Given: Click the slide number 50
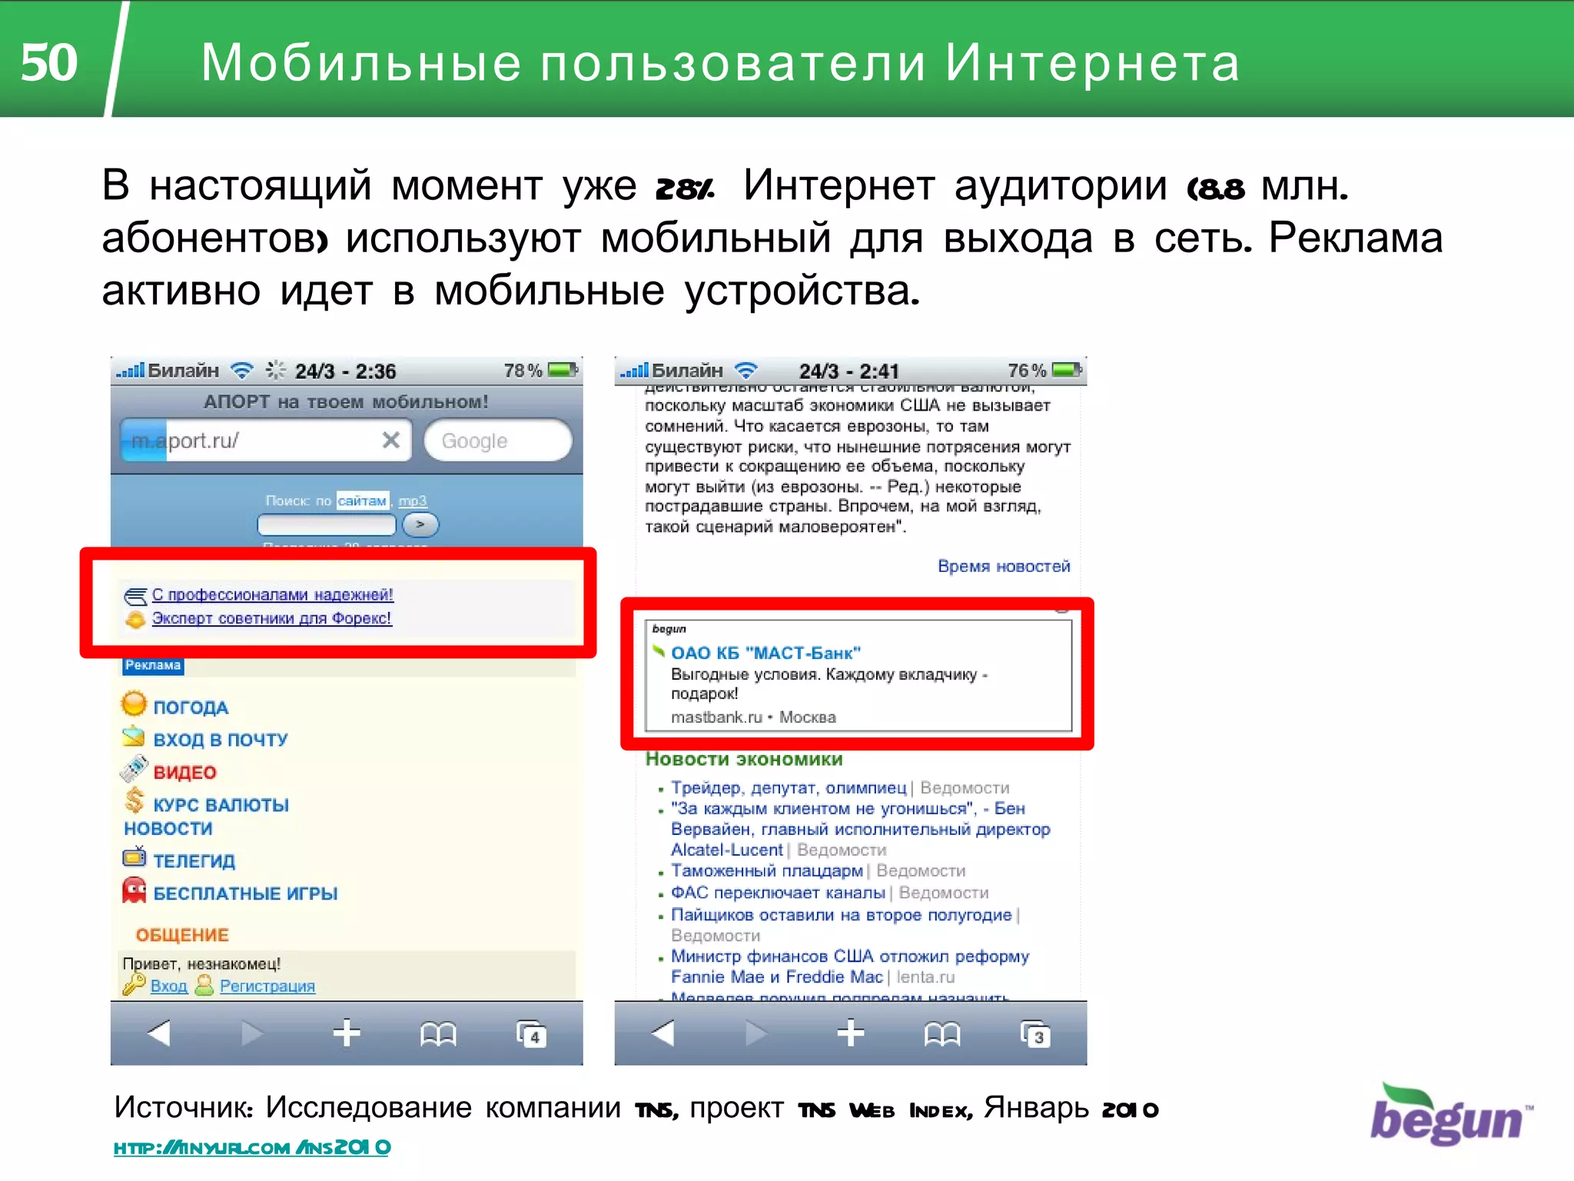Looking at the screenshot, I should click(49, 62).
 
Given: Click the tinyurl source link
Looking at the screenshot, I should click(252, 1148).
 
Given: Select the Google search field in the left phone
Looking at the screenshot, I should click(497, 441).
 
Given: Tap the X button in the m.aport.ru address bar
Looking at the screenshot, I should click(390, 440).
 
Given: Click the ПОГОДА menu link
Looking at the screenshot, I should click(191, 707).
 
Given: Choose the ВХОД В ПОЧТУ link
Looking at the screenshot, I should click(220, 740).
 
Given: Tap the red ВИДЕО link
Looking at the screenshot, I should click(184, 772).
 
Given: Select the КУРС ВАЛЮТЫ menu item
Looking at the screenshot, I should click(221, 805).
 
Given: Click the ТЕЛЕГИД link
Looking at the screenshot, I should click(194, 861).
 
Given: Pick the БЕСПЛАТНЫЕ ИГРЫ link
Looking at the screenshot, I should click(245, 893).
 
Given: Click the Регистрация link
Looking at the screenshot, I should click(267, 986).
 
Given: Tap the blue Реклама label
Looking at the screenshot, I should click(153, 665).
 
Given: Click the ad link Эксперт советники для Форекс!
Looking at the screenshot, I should click(271, 618).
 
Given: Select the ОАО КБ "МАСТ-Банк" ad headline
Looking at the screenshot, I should click(765, 653).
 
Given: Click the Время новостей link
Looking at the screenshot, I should click(1003, 566).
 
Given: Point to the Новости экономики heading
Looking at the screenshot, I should click(744, 759).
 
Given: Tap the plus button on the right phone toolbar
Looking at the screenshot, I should click(850, 1033).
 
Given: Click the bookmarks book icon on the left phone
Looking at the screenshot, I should click(438, 1034).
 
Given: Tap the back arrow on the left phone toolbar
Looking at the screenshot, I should click(158, 1033).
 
